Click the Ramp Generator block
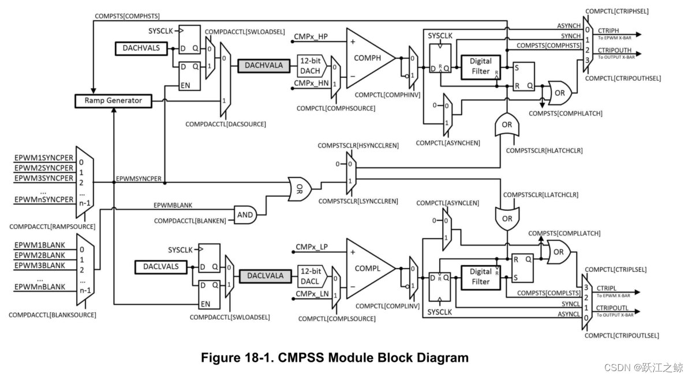pos(113,101)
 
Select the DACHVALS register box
pos(141,48)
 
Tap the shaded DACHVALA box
pos(264,66)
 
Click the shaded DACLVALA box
pos(265,276)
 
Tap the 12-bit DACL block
pos(311,276)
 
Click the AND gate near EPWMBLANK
pos(245,214)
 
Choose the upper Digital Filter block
pos(480,66)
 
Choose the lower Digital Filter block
pos(480,277)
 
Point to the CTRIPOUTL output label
pos(612,308)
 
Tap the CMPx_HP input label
pos(311,36)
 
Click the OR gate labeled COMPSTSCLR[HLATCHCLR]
pos(506,124)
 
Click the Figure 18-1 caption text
pos(335,358)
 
